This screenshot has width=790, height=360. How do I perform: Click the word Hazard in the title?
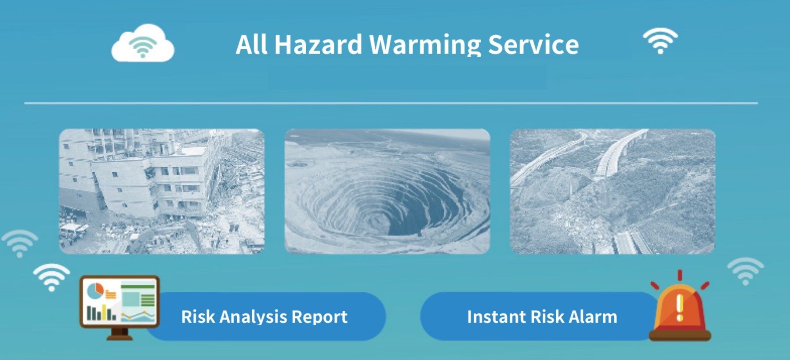318,44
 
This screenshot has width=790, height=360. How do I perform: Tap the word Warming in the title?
424,45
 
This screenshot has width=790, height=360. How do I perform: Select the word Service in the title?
533,44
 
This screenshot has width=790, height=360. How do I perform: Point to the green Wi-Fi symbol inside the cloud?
142,46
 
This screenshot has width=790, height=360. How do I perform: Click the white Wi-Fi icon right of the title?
660,41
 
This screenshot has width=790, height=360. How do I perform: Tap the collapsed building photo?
162,191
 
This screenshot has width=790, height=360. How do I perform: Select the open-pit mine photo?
387,191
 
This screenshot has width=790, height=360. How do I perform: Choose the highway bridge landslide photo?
612,191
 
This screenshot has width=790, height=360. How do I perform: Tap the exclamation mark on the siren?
680,307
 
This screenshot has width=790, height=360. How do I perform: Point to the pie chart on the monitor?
95,290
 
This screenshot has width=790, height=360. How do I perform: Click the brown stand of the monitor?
120,334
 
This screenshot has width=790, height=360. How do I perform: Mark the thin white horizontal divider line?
391,103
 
